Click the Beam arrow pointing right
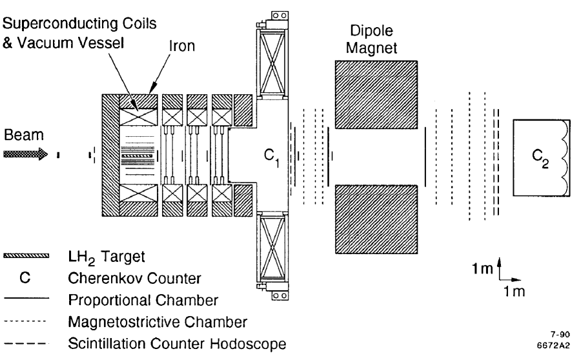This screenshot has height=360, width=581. click(x=26, y=155)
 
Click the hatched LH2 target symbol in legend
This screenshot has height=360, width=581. click(x=26, y=257)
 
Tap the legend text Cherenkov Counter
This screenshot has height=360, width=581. click(x=123, y=279)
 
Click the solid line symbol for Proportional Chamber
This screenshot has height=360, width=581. click(x=26, y=300)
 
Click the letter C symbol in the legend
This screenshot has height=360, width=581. click(x=26, y=279)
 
